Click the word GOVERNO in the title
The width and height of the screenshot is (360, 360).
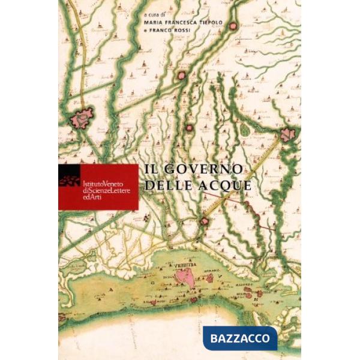(x=204, y=170)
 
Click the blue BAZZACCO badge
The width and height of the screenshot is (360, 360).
(x=239, y=338)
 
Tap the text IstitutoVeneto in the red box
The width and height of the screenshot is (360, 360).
(x=101, y=182)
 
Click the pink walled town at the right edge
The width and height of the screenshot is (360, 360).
(x=287, y=135)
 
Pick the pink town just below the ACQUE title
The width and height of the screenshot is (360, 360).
(x=206, y=221)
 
